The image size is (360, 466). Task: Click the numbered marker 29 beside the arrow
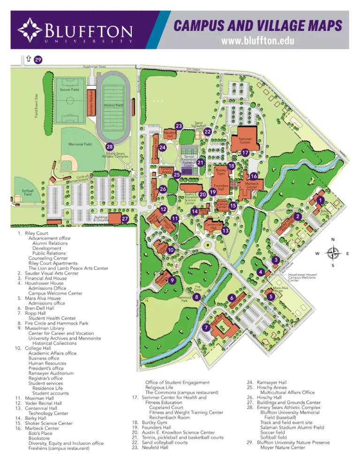pyautogui.click(x=38, y=60)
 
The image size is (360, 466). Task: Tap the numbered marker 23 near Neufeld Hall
pyautogui.click(x=178, y=126)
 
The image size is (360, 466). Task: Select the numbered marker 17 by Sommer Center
pyautogui.click(x=245, y=153)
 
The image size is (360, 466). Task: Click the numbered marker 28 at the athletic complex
pyautogui.click(x=109, y=146)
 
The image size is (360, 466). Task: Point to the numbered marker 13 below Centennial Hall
pyautogui.click(x=225, y=231)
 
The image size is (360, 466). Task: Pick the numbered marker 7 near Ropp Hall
pyautogui.click(x=206, y=327)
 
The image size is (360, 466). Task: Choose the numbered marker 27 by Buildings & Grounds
pyautogui.click(x=125, y=219)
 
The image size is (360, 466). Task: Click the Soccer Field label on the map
pyautogui.click(x=69, y=89)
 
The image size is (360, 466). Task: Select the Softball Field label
pyautogui.click(x=28, y=192)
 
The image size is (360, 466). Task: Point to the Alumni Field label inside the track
pyautogui.click(x=113, y=105)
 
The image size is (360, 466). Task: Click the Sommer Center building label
pyautogui.click(x=245, y=140)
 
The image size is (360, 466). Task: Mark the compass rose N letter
pyautogui.click(x=333, y=240)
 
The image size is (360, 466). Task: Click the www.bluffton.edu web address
pyautogui.click(x=258, y=41)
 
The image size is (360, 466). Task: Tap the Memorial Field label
pyautogui.click(x=80, y=144)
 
